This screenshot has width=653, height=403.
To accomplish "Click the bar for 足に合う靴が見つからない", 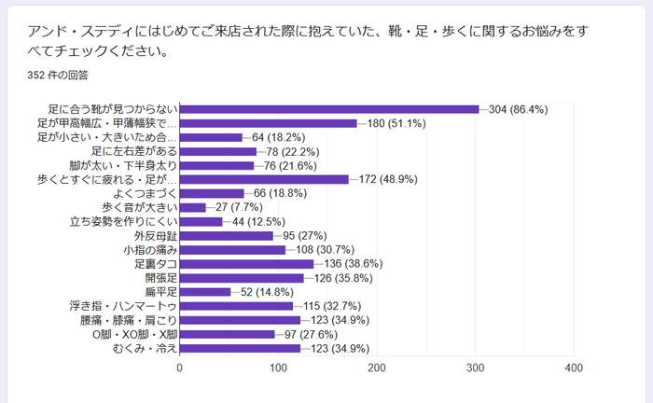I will pyautogui.click(x=328, y=109).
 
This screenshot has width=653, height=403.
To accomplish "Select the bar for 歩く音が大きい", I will pyautogui.click(x=193, y=207).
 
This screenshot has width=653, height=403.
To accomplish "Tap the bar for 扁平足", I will pyautogui.click(x=205, y=292).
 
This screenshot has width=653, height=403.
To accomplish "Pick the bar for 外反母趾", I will pyautogui.click(x=227, y=236).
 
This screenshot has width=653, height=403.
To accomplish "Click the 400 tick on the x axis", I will pyautogui.click(x=573, y=368).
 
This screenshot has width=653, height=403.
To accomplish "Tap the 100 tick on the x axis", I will pyautogui.click(x=278, y=368).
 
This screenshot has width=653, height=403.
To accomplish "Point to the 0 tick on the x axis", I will pyautogui.click(x=180, y=368).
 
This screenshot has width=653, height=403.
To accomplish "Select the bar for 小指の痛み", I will pyautogui.click(x=232, y=250).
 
